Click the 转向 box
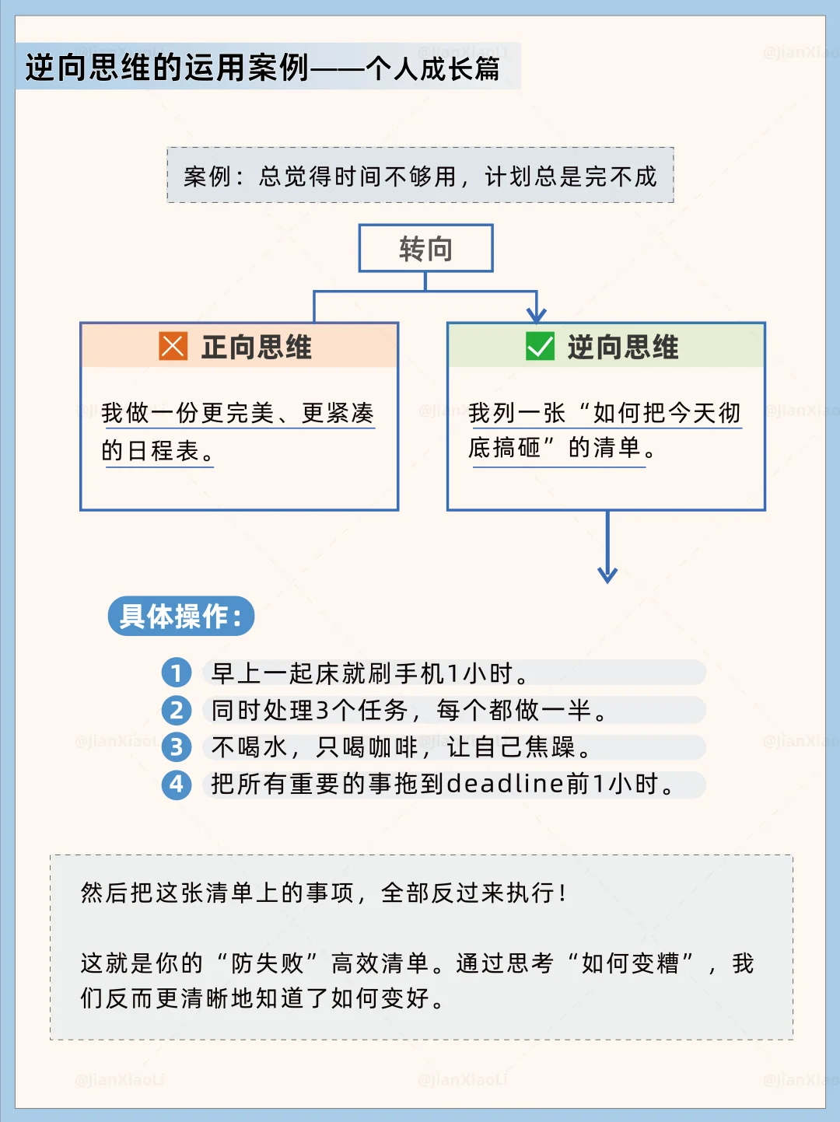pyautogui.click(x=425, y=249)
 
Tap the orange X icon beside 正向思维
pyautogui.click(x=173, y=346)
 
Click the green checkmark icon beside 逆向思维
pyautogui.click(x=540, y=346)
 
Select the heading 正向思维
pyautogui.click(x=257, y=347)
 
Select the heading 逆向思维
pyautogui.click(x=623, y=347)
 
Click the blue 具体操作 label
pyautogui.click(x=180, y=617)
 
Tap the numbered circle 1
pyautogui.click(x=177, y=673)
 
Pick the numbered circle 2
pyautogui.click(x=177, y=710)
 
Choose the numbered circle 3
pyautogui.click(x=177, y=747)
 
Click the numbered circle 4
pyautogui.click(x=177, y=784)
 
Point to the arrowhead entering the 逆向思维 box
pyautogui.click(x=537, y=314)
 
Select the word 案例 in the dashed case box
pyautogui.click(x=208, y=177)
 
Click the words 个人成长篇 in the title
pyautogui.click(x=433, y=68)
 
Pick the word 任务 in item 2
pyautogui.click(x=383, y=710)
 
